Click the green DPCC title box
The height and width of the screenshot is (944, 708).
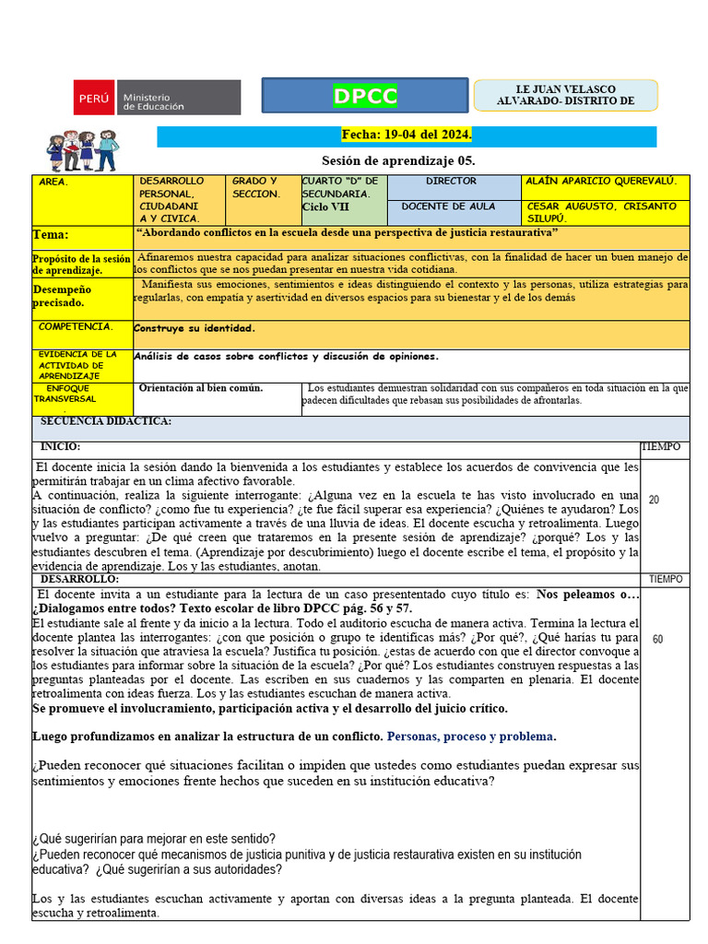(365, 96)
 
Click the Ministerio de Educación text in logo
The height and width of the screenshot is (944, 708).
(153, 100)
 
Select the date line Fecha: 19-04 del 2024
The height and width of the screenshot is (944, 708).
(407, 136)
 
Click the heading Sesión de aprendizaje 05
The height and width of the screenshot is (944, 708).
(398, 160)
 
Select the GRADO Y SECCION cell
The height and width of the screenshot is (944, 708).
(256, 188)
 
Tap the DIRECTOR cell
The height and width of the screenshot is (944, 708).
(452, 182)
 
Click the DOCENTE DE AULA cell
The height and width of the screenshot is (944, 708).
(448, 206)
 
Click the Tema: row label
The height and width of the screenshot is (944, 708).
(52, 235)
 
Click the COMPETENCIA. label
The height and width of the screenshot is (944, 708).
(76, 326)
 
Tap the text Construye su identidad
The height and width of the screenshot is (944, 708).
(195, 328)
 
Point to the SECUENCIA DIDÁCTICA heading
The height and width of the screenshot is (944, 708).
(106, 421)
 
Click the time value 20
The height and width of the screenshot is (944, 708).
(654, 500)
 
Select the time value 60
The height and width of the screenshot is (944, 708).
(657, 639)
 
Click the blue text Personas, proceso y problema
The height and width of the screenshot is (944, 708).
(471, 737)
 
